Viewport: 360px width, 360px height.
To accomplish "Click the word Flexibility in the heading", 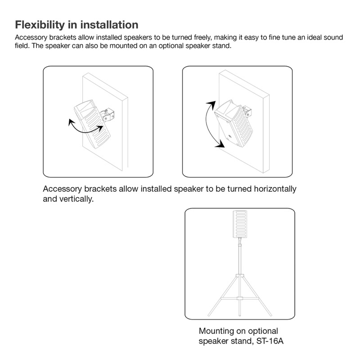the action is [40, 25].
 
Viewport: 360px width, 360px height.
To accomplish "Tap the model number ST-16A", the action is [270, 341].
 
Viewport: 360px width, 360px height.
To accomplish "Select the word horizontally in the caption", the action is [275, 189].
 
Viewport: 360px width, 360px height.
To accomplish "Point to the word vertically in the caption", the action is [76, 199].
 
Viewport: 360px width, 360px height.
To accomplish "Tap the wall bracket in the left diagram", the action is [108, 115].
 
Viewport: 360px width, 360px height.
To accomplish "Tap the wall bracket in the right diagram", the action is [247, 111].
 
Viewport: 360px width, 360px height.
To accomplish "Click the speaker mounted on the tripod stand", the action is [240, 224].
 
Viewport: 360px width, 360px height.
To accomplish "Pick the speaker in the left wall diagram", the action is [92, 124].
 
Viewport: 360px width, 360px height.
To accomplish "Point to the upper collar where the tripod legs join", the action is [240, 275].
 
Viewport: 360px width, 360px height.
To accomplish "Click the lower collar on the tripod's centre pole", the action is [240, 298].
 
